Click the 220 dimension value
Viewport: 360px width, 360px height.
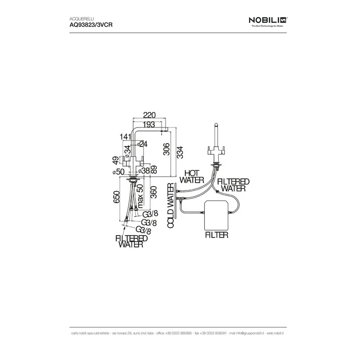coord(150,115)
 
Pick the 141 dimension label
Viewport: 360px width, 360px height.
coord(126,137)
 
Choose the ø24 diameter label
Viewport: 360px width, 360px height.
coord(142,143)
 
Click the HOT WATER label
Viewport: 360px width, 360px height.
coord(191,177)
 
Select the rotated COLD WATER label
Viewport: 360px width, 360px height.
coord(170,205)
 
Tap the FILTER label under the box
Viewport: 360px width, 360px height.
coord(215,234)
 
